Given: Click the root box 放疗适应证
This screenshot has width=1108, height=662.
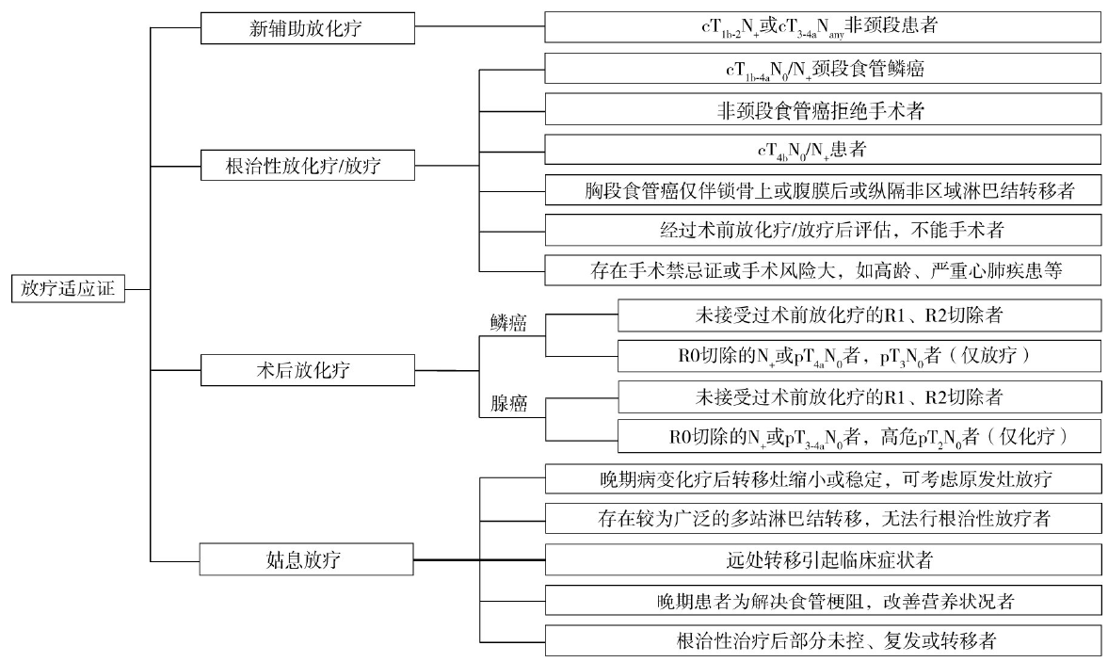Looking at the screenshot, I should (67, 288).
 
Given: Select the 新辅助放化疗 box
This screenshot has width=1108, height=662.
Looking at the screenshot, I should (308, 28).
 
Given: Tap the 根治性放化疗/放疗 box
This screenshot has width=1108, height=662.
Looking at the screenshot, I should (308, 168).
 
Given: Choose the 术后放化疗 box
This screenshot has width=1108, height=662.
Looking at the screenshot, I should (308, 370).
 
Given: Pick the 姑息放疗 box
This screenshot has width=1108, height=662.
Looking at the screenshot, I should (308, 561).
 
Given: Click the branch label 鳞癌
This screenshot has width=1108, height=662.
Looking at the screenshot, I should (508, 323).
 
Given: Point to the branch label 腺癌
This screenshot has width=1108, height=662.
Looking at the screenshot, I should (508, 404).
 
